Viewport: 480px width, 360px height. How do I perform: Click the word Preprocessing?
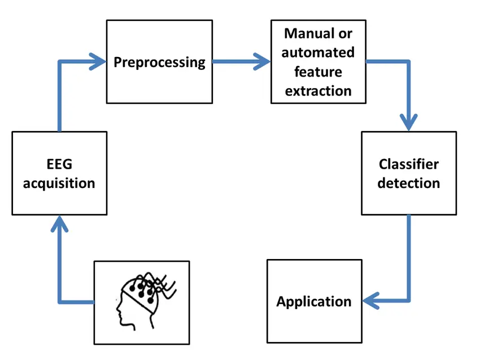click(x=160, y=62)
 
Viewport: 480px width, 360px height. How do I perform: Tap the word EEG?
click(x=59, y=165)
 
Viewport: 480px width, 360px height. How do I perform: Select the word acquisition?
click(x=59, y=183)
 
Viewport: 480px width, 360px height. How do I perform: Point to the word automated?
click(x=318, y=52)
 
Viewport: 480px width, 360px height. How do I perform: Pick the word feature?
click(x=318, y=72)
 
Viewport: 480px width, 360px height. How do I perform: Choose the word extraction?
click(x=318, y=91)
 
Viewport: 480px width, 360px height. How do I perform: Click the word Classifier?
click(x=409, y=164)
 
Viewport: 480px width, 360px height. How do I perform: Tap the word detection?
click(x=409, y=183)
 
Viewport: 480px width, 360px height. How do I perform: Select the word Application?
click(x=314, y=301)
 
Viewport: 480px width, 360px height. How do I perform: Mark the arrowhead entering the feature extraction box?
click(x=263, y=61)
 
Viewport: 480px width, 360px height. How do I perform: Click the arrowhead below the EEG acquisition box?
click(x=59, y=224)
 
